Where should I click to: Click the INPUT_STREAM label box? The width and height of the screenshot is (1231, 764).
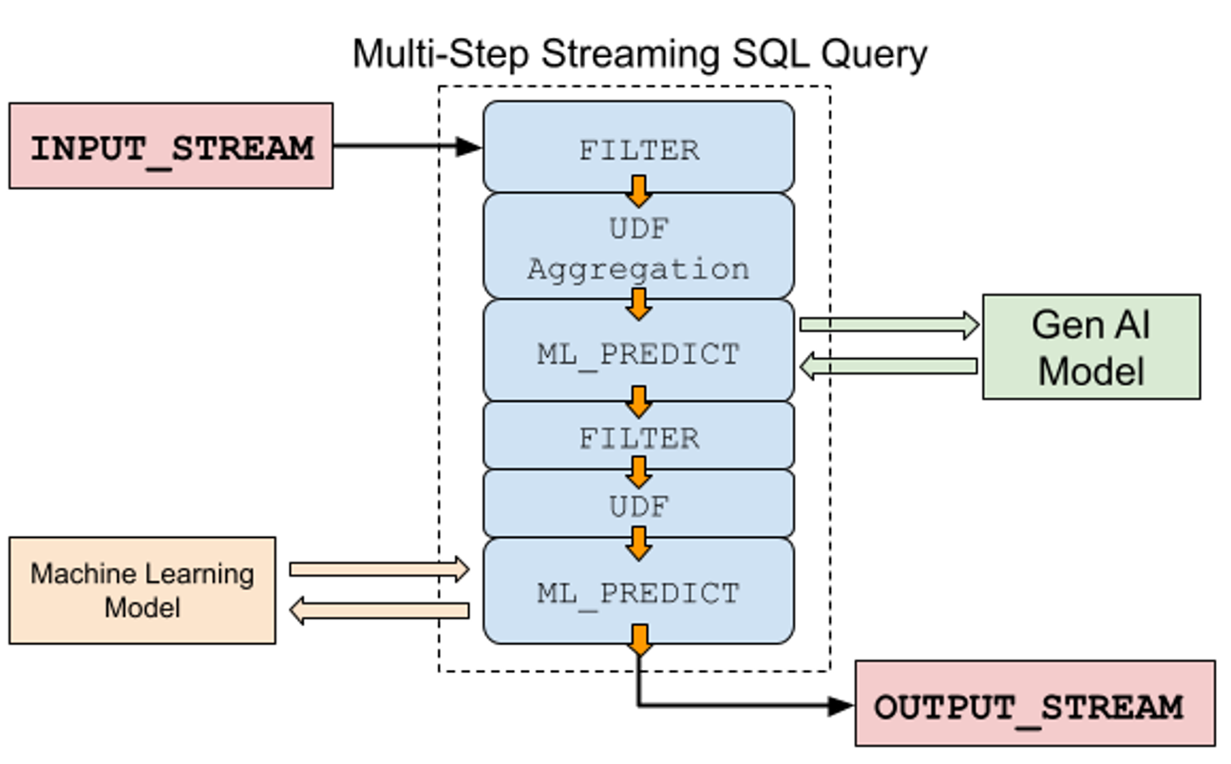(x=171, y=146)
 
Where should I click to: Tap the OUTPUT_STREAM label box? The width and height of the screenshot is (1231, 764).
(x=1034, y=704)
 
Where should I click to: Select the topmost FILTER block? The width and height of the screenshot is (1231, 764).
(x=638, y=147)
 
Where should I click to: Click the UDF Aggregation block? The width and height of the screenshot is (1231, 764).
(x=638, y=248)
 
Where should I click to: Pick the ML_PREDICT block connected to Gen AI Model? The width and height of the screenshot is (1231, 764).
(x=638, y=353)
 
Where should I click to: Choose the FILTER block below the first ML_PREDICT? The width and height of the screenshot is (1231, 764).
(x=638, y=436)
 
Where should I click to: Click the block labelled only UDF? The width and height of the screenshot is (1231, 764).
(x=638, y=505)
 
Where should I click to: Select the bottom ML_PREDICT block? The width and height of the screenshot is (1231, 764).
(x=638, y=592)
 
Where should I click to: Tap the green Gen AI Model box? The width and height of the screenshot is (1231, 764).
(x=1090, y=347)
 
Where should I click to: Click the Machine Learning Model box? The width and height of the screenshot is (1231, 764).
(x=142, y=590)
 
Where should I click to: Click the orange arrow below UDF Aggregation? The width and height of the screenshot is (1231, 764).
(x=638, y=303)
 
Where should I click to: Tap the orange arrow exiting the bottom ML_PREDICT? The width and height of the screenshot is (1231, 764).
(x=639, y=640)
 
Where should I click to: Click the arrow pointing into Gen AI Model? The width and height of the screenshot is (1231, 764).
(x=888, y=325)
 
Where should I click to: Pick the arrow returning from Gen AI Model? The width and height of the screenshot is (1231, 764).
(x=888, y=366)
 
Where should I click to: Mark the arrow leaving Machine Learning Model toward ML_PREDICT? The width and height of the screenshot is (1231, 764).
(x=380, y=569)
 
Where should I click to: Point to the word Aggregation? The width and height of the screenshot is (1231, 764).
(x=638, y=269)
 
